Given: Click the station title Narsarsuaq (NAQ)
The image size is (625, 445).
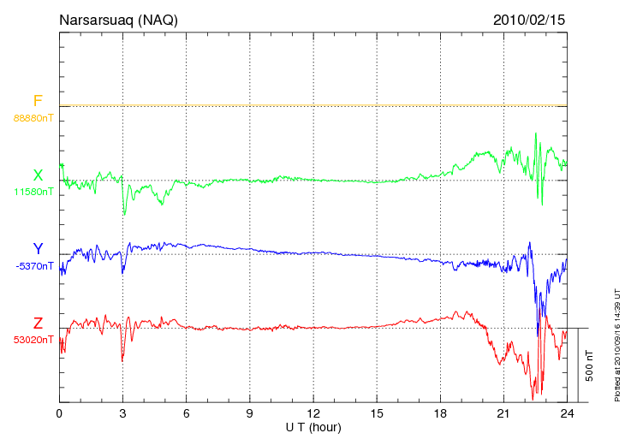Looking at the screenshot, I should pos(118,19).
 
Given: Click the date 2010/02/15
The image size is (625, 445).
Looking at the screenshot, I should pos(529,19).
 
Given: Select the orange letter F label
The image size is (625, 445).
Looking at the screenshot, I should pos(38,102).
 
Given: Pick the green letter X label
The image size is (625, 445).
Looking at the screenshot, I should pos(38,175).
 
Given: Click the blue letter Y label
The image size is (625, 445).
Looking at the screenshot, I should pos(38,250).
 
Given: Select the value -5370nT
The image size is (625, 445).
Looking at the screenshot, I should pos(33,266).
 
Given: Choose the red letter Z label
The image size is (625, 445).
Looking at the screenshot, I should pos(38,323).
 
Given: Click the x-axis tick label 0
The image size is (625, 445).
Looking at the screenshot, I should pos(59,413).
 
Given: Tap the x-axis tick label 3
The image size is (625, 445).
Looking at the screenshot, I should pos(122,413).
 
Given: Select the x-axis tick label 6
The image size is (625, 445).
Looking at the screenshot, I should pos(187,413).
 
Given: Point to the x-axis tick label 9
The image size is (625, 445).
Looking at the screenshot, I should pos(250,413).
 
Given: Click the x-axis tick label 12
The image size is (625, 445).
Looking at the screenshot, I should pos(313,413).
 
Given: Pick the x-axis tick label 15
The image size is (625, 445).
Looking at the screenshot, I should pos(377,413).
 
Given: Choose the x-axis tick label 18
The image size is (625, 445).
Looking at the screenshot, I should pos(441,413).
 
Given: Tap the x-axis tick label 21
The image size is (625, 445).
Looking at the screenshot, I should pos(504,413).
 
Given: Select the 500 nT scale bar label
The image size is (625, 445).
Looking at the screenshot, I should pos(590,365).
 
